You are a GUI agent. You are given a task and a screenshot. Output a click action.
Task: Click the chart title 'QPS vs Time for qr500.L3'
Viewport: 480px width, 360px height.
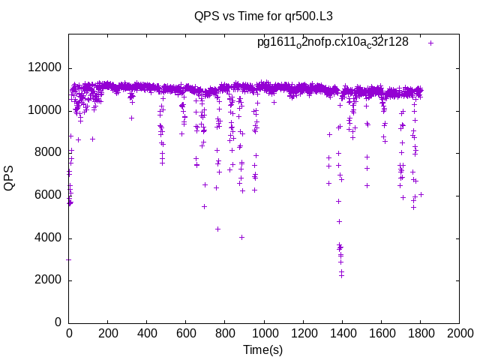point(263,16)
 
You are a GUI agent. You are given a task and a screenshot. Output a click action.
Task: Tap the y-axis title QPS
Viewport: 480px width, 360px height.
point(10,177)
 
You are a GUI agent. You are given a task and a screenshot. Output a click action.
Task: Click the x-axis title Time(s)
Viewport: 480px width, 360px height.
point(262,349)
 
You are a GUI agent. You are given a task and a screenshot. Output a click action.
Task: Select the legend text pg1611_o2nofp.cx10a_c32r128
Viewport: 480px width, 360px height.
point(332,42)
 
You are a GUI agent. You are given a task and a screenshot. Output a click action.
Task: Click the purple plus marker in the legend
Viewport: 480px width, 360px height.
point(430,43)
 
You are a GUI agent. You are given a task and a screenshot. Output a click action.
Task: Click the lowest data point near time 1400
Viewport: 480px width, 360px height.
point(341,275)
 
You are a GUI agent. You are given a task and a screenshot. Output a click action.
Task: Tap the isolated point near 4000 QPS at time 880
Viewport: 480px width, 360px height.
point(241,237)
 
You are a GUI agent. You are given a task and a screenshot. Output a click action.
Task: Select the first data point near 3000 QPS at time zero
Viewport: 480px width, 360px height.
point(69,259)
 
